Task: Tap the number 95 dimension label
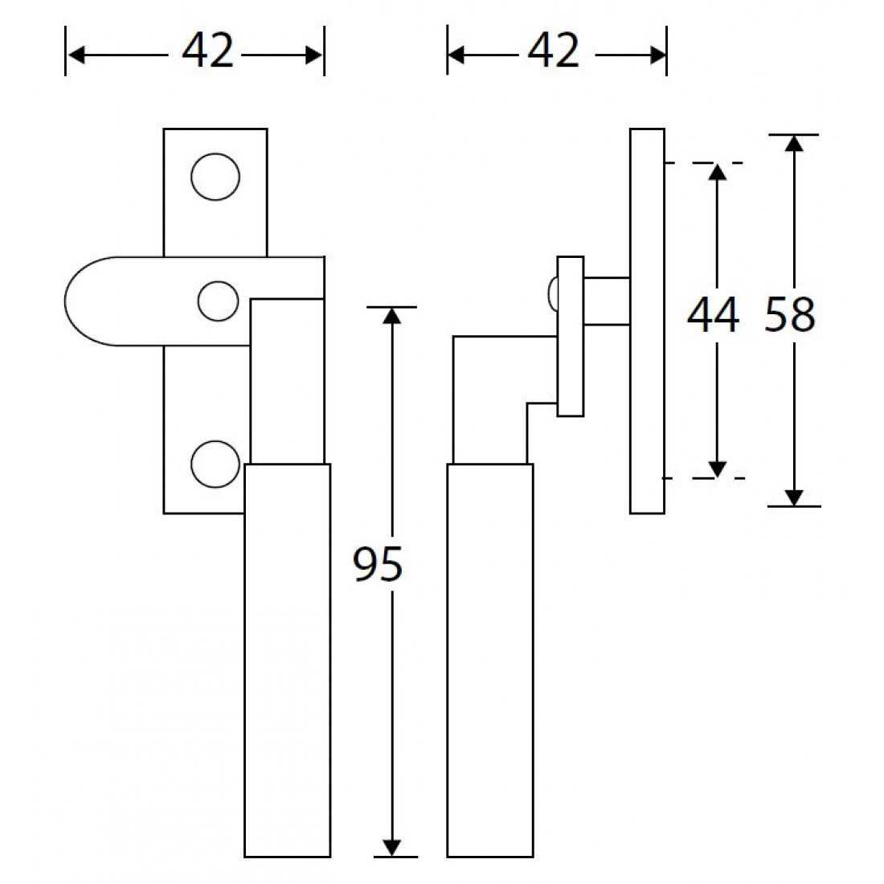click(x=378, y=565)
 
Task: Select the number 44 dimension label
click(x=713, y=314)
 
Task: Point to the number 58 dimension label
click(x=790, y=314)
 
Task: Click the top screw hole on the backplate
click(x=215, y=176)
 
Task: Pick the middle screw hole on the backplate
click(x=219, y=301)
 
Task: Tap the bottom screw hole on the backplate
click(x=215, y=464)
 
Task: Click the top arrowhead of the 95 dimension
click(x=391, y=315)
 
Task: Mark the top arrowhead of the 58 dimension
click(x=794, y=143)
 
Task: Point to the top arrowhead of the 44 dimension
click(x=718, y=170)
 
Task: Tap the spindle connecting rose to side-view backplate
click(x=607, y=301)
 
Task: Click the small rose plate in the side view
click(x=570, y=337)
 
